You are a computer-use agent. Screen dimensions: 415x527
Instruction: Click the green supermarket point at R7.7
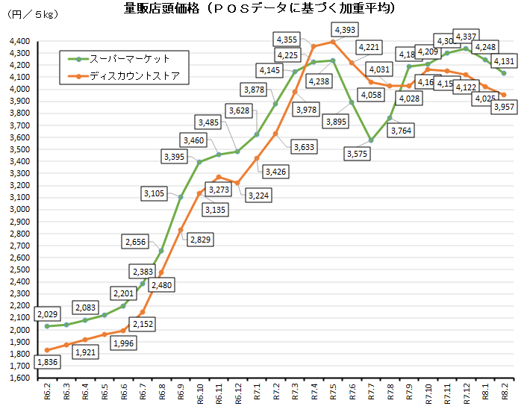(x=370, y=140)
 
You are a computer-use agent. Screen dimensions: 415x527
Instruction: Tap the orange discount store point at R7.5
(x=333, y=42)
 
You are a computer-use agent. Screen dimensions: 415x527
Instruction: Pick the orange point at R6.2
(x=47, y=350)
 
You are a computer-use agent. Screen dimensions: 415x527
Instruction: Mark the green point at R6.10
(x=199, y=162)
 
